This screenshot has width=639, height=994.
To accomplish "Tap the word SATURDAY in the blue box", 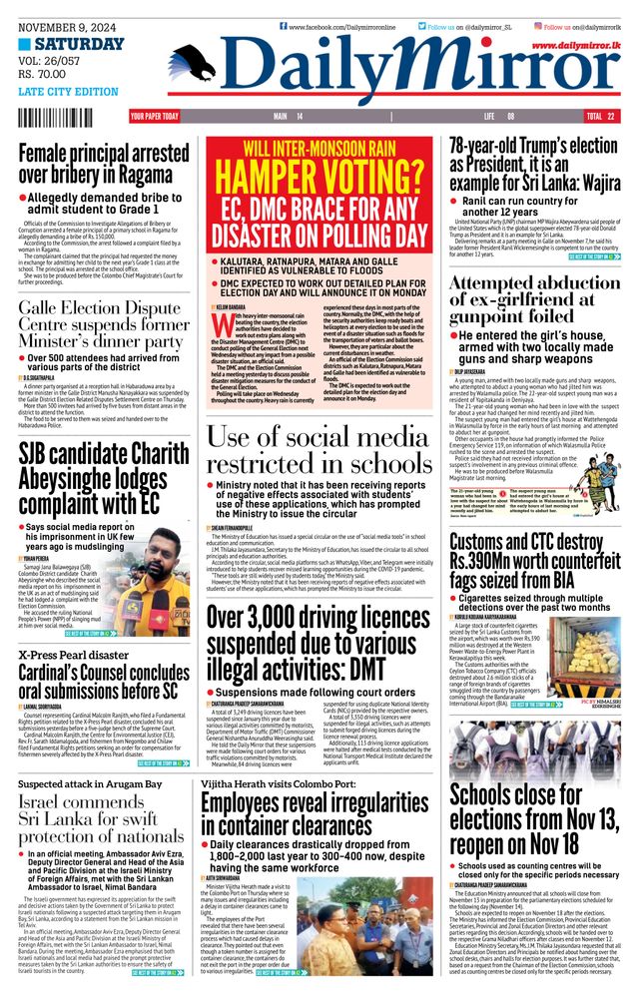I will (x=79, y=45).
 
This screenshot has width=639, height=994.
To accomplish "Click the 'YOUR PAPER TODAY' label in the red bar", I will (x=155, y=117).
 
